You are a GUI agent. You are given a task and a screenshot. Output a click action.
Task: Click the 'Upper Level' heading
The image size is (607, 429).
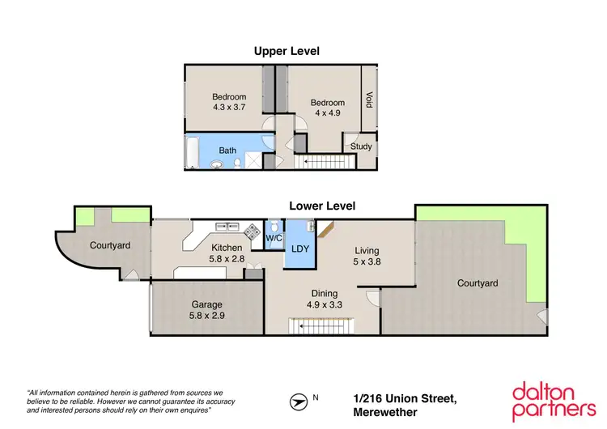point(287,51)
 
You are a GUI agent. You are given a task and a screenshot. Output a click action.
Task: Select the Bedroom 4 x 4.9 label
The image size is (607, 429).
point(327,108)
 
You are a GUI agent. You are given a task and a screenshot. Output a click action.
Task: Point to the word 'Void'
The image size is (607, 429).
point(369,100)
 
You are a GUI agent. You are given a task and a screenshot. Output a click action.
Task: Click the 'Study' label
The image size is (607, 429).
point(361,147)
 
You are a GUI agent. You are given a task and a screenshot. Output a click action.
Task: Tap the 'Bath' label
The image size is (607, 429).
point(228,151)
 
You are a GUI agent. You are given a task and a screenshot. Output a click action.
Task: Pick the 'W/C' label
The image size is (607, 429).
point(274,238)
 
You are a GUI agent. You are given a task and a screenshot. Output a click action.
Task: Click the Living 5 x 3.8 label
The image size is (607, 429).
point(367,257)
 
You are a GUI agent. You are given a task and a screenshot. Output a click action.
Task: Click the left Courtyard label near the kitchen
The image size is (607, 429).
point(109,245)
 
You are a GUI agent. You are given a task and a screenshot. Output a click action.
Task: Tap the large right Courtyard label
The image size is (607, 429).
point(477,283)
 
